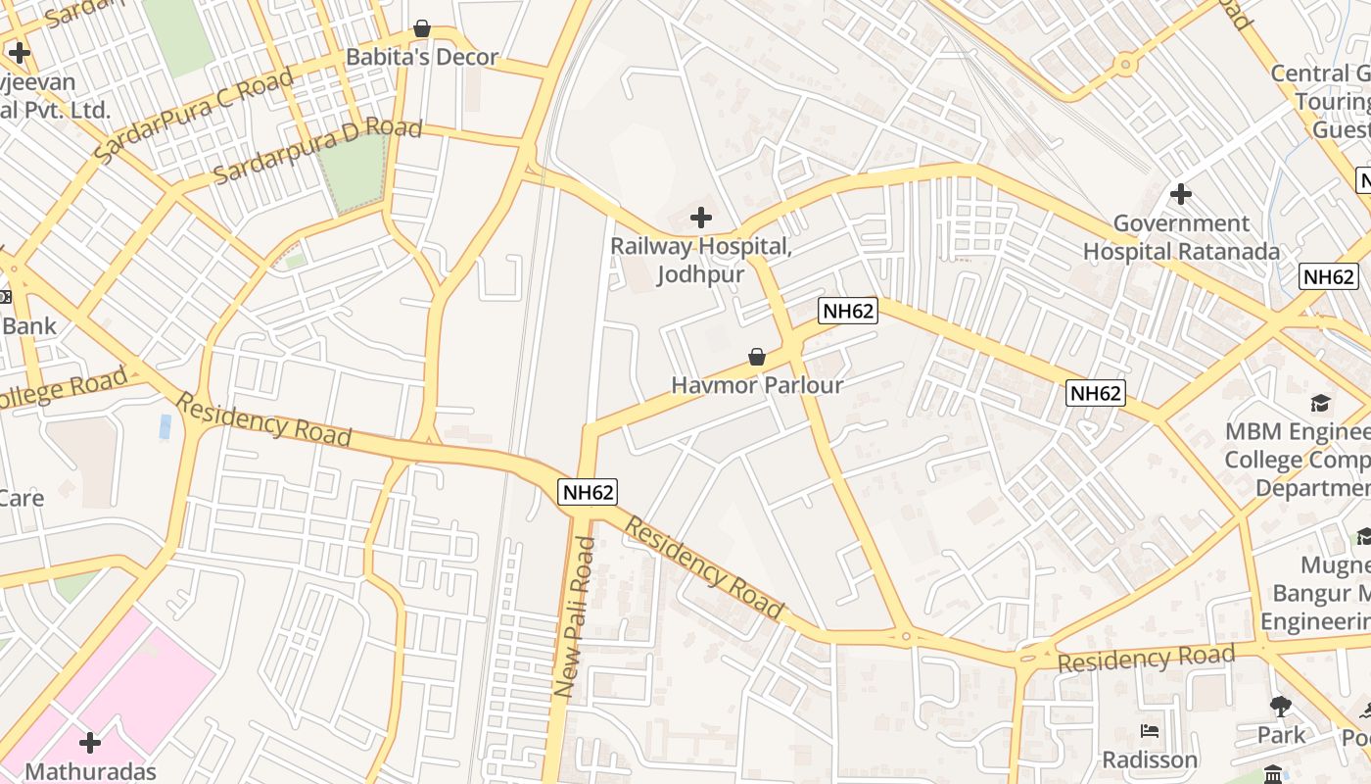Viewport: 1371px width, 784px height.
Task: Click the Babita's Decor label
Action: pos(422,57)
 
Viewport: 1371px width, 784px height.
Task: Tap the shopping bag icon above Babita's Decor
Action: pos(422,28)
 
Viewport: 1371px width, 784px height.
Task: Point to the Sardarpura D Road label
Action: pos(317,151)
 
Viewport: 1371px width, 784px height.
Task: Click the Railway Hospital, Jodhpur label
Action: pos(700,260)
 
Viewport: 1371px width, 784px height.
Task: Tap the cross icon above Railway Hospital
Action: pos(701,217)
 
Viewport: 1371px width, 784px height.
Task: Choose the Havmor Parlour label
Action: pos(757,385)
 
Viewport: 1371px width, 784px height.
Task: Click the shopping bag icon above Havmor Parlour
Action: pos(757,357)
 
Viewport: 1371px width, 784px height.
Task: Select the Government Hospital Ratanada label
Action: pos(1181,237)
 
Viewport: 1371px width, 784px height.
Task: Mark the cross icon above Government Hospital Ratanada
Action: pos(1181,194)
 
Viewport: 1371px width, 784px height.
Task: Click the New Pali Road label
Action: pos(575,617)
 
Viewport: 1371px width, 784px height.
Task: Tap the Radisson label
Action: pos(1150,759)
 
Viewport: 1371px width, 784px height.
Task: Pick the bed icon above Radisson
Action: pos(1150,731)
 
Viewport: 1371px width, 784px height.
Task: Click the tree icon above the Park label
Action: pos(1281,706)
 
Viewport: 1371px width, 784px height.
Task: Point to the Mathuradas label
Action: pos(90,771)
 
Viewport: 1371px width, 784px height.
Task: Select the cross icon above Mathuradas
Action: pos(90,743)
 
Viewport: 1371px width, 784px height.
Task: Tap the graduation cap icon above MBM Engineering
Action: pos(1320,404)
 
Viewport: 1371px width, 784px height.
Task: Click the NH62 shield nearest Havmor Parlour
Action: pos(848,312)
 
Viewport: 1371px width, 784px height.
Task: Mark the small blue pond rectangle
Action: pos(165,426)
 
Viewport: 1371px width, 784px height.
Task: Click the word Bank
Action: pos(29,326)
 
